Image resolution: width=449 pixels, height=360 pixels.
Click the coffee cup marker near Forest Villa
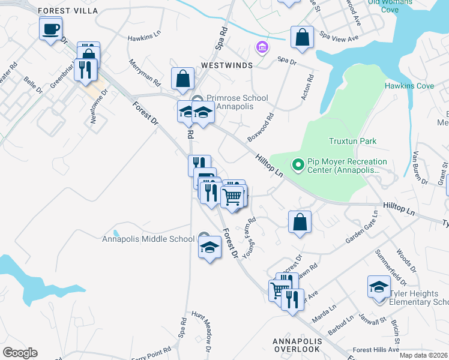click(51, 28)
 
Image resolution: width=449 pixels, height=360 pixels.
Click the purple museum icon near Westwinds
click(261, 47)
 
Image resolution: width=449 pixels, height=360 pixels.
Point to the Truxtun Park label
click(352, 142)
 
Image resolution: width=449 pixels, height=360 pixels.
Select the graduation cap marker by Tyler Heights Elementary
click(379, 287)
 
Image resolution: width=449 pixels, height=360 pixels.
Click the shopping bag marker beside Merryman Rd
click(182, 78)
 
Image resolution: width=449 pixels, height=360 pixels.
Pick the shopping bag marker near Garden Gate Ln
click(300, 221)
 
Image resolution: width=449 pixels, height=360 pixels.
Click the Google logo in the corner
click(20, 353)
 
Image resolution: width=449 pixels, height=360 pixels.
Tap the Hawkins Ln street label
click(144, 37)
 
